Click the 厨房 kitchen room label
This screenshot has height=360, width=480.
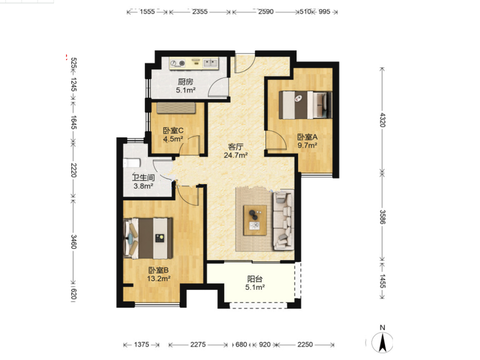tap(185, 82)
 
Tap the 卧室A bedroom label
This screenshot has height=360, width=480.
tap(307, 137)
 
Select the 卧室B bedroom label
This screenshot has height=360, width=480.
tap(158, 271)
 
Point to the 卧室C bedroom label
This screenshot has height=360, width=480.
tap(173, 131)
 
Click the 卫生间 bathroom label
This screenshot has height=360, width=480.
tap(143, 178)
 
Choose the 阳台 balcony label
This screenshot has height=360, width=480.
tap(254, 279)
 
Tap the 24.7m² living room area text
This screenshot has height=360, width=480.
tap(236, 155)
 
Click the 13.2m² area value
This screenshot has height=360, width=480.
tap(158, 278)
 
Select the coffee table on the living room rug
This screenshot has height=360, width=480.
tap(254, 220)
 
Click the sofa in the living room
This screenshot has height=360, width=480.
tap(283, 220)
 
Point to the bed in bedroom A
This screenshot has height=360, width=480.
tap(305, 105)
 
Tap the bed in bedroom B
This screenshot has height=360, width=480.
tap(148, 238)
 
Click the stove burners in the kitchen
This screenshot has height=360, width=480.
tap(178, 64)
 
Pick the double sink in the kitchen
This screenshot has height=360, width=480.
tap(211, 63)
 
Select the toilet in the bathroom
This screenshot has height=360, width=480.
tap(131, 163)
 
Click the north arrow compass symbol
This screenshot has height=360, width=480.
tap(382, 342)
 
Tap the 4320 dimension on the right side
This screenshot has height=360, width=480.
tap(383, 120)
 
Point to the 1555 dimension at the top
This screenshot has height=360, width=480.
tap(147, 12)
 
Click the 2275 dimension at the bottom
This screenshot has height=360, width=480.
tap(198, 344)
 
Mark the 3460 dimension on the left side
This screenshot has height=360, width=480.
tap(73, 242)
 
